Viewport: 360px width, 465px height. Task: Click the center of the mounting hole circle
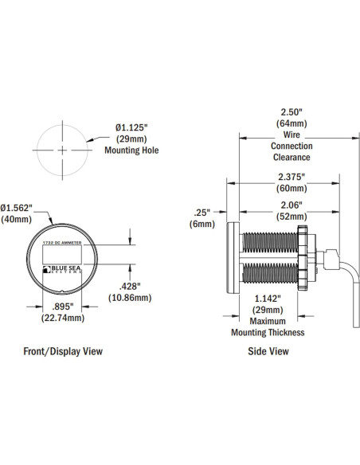[x=61, y=150]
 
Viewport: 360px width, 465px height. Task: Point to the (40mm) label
[x=17, y=219]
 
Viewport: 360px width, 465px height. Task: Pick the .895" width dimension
[x=60, y=307]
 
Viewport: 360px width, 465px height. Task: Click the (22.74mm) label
[x=61, y=318]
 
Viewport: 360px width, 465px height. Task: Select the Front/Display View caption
[x=62, y=350]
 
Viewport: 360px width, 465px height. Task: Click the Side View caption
[x=268, y=350]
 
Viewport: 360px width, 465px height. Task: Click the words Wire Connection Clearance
[x=292, y=147]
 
